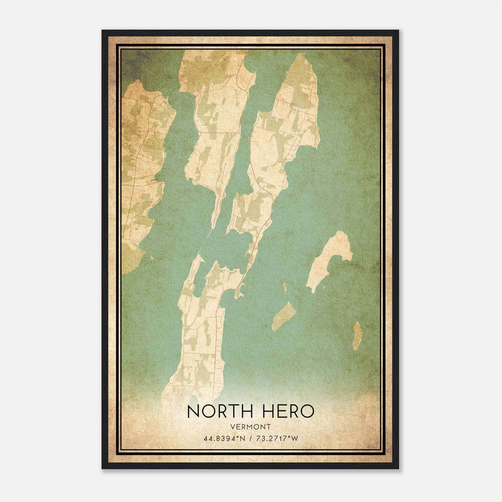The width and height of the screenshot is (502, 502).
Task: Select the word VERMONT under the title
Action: click(251, 427)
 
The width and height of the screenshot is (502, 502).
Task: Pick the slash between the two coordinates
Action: click(250, 438)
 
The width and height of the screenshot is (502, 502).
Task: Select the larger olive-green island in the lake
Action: click(284, 316)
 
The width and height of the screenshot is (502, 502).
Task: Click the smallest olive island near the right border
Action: click(357, 336)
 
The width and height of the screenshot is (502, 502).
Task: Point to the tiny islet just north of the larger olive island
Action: click(285, 286)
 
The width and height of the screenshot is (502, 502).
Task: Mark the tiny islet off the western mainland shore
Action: click(152, 258)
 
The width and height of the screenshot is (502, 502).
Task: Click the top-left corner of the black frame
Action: click(103, 31)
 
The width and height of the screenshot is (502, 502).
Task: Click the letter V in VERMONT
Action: click(232, 427)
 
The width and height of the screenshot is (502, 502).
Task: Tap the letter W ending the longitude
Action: click(294, 438)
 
